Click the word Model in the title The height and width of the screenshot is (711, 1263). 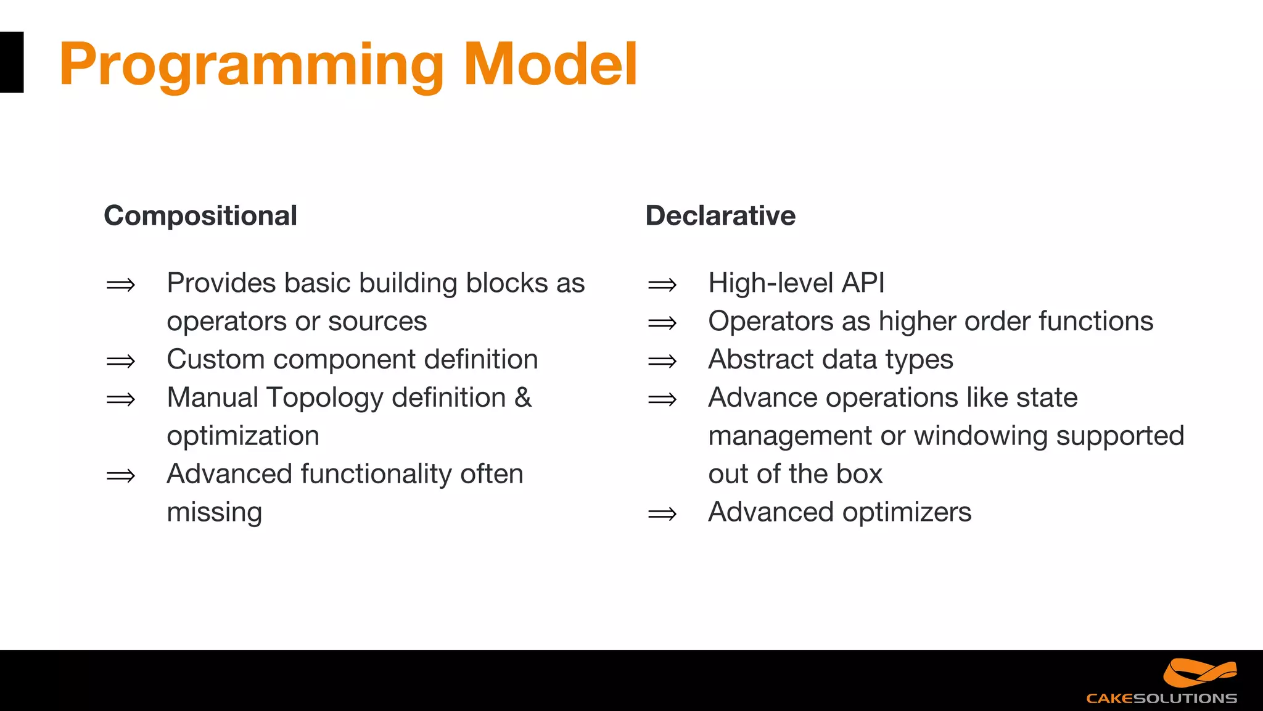(x=550, y=64)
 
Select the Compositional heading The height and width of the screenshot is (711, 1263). (x=200, y=216)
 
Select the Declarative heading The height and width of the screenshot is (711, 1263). (x=720, y=216)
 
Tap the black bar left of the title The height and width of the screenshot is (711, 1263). (x=12, y=62)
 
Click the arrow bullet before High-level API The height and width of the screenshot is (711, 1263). (x=662, y=285)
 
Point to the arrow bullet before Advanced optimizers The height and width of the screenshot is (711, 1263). (x=662, y=513)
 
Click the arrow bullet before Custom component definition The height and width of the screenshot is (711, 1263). (x=120, y=361)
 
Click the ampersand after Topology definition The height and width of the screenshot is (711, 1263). (x=523, y=397)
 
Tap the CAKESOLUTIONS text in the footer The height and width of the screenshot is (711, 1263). (x=1161, y=699)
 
